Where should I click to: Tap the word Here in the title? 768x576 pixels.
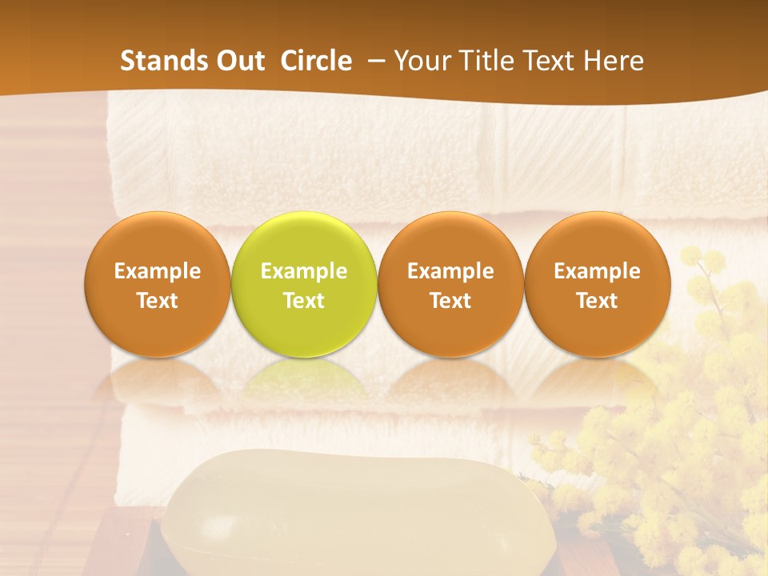pyautogui.click(x=614, y=61)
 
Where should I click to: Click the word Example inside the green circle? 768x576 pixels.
pyautogui.click(x=304, y=271)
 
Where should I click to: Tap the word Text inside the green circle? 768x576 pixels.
pyautogui.click(x=304, y=301)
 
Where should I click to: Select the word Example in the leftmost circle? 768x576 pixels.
pyautogui.click(x=157, y=271)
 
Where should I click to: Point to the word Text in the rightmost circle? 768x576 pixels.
pyautogui.click(x=598, y=301)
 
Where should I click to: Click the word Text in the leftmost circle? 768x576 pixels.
pyautogui.click(x=157, y=301)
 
